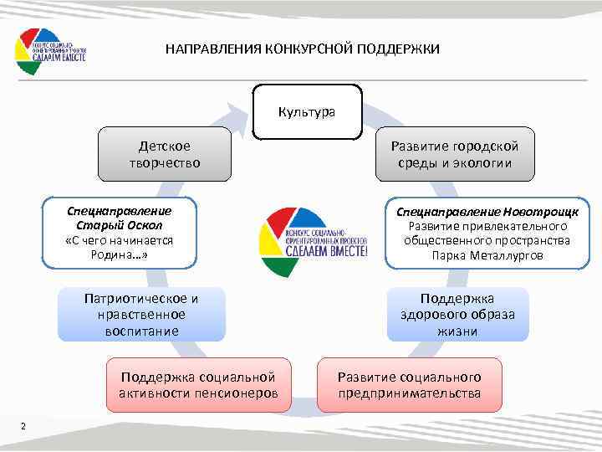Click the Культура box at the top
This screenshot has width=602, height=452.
[x=307, y=111]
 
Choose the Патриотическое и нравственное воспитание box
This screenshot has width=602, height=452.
[x=141, y=314]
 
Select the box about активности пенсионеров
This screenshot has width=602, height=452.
[x=198, y=385]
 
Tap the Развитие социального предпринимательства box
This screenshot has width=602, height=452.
[x=410, y=385]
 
